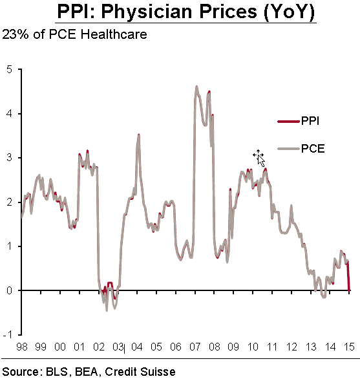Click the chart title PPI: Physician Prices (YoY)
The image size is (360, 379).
[185, 12]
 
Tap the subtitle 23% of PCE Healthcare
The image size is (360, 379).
[74, 34]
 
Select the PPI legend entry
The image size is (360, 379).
[299, 120]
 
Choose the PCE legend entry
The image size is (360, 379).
[301, 148]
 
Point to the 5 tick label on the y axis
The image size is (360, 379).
[9, 70]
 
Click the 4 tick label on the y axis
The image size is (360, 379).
[9, 113]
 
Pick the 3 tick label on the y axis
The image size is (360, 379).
[9, 158]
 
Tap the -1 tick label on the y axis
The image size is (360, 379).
[8, 334]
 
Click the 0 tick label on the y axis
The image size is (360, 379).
[9, 290]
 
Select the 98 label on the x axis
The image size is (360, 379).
[22, 347]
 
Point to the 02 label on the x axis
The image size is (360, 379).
[99, 347]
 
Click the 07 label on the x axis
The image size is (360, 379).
[195, 347]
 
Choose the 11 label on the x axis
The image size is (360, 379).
[272, 347]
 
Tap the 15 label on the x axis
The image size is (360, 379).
[349, 347]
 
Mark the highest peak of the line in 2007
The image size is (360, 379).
[196, 86]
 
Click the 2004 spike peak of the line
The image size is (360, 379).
[139, 135]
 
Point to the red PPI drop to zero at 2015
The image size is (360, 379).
[348, 276]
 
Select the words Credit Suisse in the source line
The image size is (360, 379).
[140, 371]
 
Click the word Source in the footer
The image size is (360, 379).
[21, 371]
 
